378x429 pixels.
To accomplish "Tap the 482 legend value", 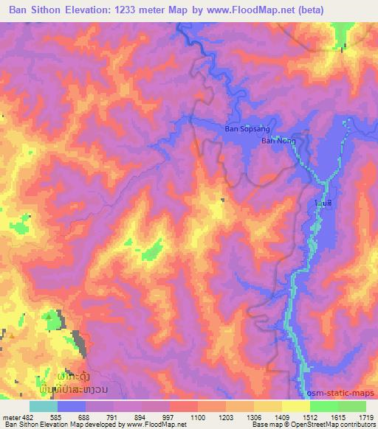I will point(30,417).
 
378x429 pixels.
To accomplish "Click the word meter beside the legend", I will point(13,417).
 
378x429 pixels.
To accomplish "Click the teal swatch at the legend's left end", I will point(44,406).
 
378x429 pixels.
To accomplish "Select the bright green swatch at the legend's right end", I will point(352,406).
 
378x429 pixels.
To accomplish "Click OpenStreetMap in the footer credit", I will point(333,425).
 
